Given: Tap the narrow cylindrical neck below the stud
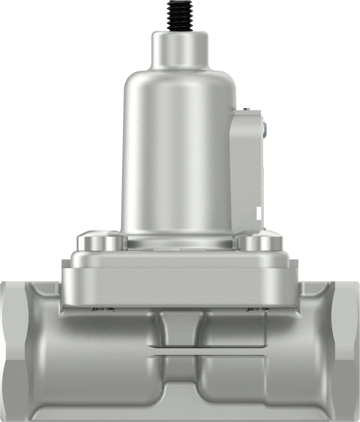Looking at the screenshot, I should pyautogui.click(x=180, y=50).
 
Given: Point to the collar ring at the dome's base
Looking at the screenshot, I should pyautogui.click(x=179, y=242).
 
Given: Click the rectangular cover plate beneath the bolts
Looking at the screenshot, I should pyautogui.click(x=179, y=283).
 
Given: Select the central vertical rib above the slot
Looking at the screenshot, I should pyautogui.click(x=179, y=328).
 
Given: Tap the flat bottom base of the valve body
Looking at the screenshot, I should pyautogui.click(x=179, y=411).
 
